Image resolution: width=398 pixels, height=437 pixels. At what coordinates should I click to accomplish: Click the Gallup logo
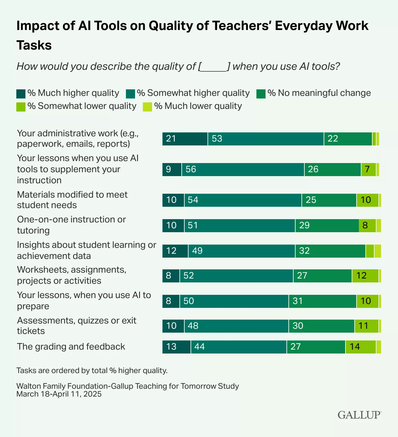click(359, 415)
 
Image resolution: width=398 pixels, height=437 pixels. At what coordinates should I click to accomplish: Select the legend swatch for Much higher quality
click(21, 94)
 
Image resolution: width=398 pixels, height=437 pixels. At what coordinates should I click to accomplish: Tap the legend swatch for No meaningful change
click(261, 94)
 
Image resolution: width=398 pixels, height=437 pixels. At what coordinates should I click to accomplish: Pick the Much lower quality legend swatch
click(147, 107)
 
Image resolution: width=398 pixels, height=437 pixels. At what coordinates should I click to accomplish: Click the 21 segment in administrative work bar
click(185, 139)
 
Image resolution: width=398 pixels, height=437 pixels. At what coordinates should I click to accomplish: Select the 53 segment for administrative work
click(266, 139)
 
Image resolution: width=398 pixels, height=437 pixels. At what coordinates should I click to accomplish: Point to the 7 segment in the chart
click(368, 170)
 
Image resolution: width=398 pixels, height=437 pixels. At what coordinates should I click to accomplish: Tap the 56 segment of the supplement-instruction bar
click(243, 170)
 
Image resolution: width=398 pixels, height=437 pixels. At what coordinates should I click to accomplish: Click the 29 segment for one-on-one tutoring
click(327, 226)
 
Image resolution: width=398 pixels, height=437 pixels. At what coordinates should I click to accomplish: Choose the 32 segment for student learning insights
click(330, 251)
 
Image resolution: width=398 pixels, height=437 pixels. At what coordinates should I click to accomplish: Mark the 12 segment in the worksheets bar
click(365, 276)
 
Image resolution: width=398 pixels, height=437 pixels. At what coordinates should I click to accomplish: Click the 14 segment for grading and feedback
click(360, 347)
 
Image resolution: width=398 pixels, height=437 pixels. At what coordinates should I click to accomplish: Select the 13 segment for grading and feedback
click(176, 347)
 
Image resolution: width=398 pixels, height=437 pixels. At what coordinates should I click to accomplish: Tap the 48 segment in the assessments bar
click(236, 326)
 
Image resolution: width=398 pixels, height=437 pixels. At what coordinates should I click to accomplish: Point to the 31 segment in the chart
click(322, 301)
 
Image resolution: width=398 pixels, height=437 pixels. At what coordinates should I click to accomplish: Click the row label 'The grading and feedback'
click(71, 347)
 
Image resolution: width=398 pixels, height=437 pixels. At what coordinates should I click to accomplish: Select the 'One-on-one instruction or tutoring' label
click(71, 225)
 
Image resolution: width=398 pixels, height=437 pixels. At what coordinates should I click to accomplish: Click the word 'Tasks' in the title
click(34, 45)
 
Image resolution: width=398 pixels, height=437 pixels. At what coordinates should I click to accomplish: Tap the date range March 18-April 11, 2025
click(59, 394)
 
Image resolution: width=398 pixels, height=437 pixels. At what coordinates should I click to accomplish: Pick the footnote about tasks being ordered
click(92, 370)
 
